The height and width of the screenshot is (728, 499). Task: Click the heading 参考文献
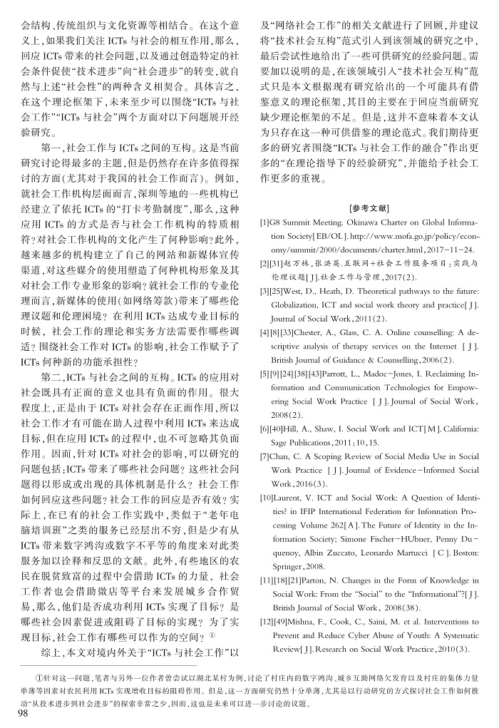tap(370, 209)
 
